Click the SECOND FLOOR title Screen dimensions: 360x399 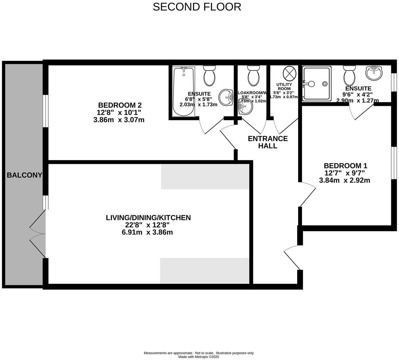(197, 7)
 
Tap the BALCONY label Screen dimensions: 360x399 (24, 175)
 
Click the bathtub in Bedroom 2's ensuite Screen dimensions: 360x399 (183, 91)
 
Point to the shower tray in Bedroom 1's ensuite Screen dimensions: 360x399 (316, 84)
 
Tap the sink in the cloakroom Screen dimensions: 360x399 (246, 107)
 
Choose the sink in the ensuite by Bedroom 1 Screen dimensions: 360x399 (374, 73)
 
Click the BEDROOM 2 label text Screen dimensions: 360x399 (119, 105)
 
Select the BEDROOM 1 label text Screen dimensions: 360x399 (345, 166)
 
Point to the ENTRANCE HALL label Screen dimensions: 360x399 (268, 142)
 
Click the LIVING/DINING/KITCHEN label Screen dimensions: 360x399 (148, 218)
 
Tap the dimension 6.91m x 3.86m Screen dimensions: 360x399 (147, 232)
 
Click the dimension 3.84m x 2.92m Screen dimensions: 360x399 (344, 180)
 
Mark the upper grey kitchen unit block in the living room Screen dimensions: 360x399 (205, 176)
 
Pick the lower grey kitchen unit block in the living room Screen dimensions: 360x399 (204, 271)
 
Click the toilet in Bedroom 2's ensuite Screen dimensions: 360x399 (209, 76)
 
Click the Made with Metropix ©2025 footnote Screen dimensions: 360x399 (198, 356)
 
